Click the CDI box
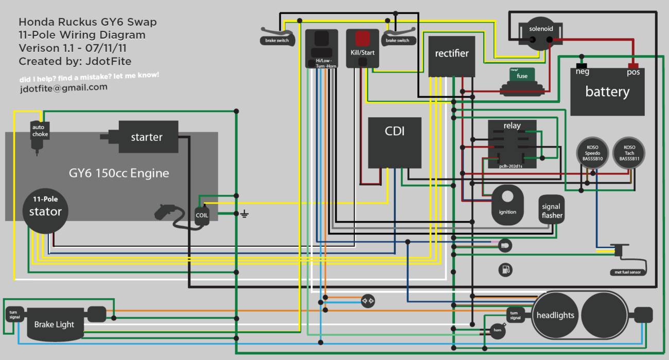click(395, 142)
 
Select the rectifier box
click(452, 56)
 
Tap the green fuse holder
click(522, 76)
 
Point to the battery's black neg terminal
click(582, 66)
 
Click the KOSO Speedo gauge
click(592, 154)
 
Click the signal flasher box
click(552, 209)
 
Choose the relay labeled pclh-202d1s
click(512, 144)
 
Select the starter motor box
click(147, 137)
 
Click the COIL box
click(202, 215)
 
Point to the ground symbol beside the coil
click(244, 214)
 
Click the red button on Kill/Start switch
click(363, 39)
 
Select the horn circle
click(497, 331)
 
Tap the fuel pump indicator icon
click(505, 269)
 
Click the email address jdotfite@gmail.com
click(63, 87)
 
